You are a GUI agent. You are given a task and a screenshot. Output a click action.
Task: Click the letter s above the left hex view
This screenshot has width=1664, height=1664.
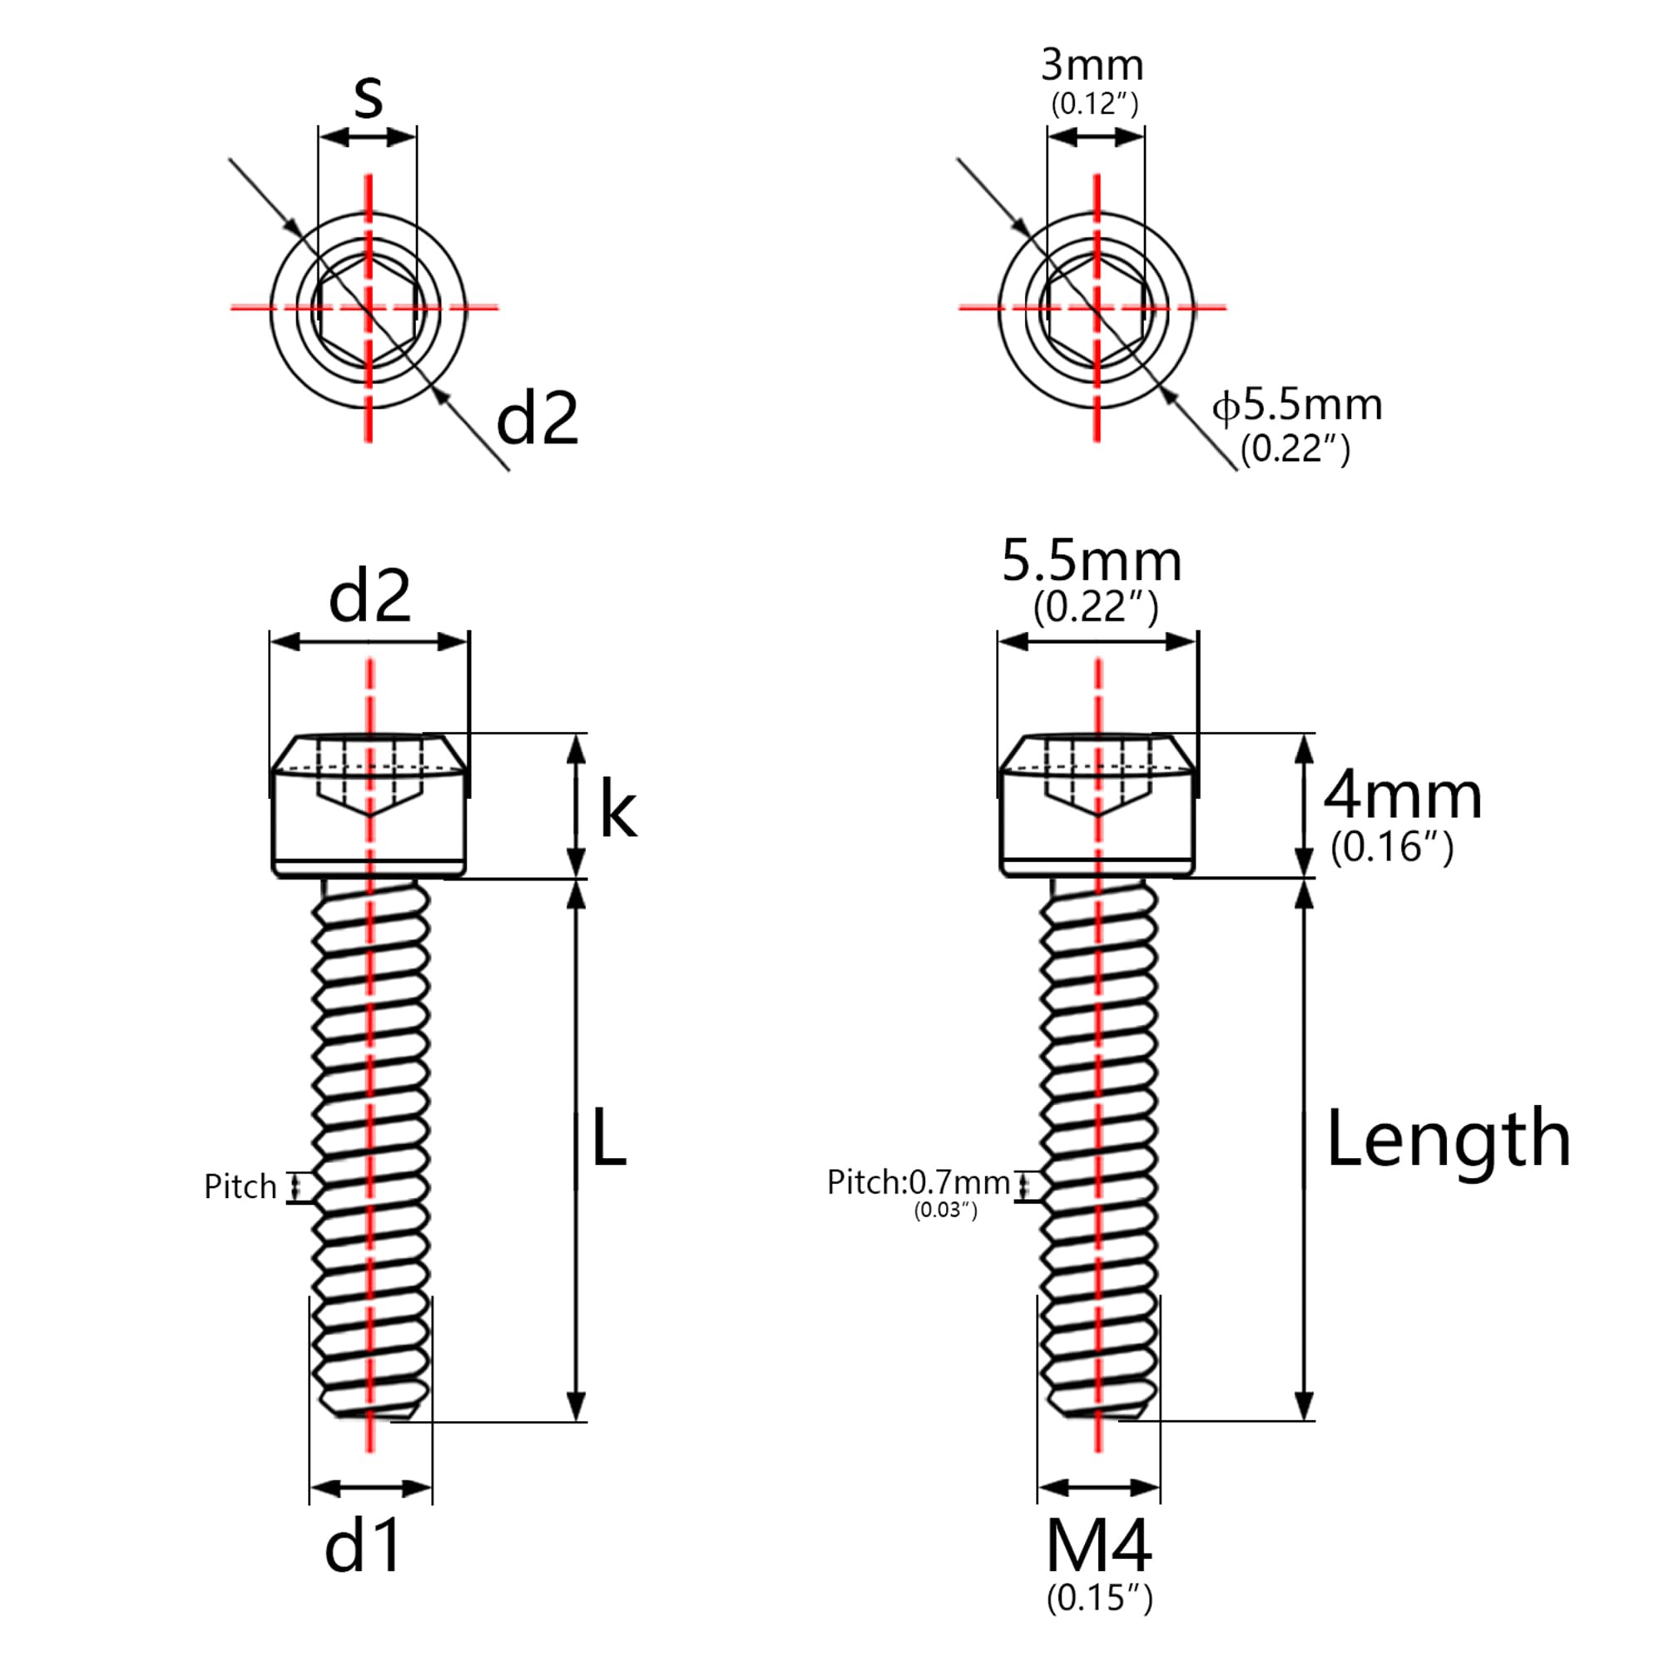pyautogui.click(x=368, y=98)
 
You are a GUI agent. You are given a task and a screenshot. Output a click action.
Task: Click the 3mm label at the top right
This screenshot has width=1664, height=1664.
pyautogui.click(x=1092, y=66)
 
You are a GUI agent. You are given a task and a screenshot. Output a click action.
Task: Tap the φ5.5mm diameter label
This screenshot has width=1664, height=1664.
pyautogui.click(x=1297, y=405)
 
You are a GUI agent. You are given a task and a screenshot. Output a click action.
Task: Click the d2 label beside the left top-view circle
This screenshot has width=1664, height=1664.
pyautogui.click(x=537, y=418)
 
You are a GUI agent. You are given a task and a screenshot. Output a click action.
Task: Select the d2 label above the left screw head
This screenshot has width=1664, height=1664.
pyautogui.click(x=369, y=596)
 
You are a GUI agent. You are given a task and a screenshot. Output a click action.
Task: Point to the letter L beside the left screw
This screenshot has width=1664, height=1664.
pyautogui.click(x=608, y=1137)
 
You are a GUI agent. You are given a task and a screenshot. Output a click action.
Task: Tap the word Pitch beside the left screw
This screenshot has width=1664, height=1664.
pyautogui.click(x=240, y=1187)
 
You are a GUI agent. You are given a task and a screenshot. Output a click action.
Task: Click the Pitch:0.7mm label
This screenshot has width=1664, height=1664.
pyautogui.click(x=919, y=1182)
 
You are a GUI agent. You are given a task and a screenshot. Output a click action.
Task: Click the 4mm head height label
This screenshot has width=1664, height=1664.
pyautogui.click(x=1402, y=797)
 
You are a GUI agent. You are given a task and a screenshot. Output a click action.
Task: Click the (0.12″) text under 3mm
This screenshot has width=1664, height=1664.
pyautogui.click(x=1094, y=104)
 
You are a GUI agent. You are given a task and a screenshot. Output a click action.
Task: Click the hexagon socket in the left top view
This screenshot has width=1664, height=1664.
pyautogui.click(x=369, y=309)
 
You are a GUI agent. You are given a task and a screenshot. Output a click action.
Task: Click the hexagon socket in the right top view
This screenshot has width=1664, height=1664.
pyautogui.click(x=1096, y=309)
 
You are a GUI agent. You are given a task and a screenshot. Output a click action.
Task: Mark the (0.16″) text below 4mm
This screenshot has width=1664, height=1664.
pyautogui.click(x=1392, y=848)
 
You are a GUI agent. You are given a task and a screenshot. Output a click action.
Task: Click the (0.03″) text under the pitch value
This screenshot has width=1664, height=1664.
pyautogui.click(x=945, y=1210)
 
